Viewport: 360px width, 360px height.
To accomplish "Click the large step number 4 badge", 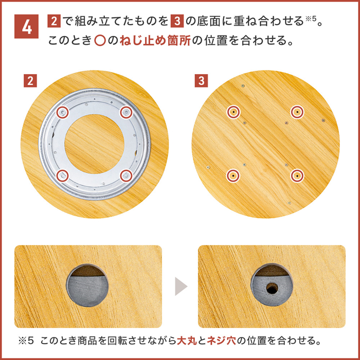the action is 26,26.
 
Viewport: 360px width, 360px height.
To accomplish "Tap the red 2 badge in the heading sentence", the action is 54,21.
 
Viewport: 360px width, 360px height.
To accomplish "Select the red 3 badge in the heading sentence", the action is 177,21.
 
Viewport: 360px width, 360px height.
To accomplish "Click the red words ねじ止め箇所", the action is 155,41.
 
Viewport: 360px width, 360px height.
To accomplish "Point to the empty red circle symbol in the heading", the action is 100,41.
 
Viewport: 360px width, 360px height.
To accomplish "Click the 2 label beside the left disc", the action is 30,81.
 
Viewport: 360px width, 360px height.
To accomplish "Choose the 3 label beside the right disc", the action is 202,81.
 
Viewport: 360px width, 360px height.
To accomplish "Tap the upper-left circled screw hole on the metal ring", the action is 63,112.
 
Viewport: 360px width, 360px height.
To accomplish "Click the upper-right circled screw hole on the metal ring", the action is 127,112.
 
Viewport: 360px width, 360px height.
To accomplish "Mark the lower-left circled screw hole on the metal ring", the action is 63,176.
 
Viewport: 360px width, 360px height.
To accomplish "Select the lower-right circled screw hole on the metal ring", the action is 127,176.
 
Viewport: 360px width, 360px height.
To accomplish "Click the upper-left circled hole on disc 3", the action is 233,112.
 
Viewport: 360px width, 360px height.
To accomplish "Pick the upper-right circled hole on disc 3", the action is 297,112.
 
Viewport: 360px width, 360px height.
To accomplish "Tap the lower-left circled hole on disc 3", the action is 233,176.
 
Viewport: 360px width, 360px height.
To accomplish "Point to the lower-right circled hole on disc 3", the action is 297,176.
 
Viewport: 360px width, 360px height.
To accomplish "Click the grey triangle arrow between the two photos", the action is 181,286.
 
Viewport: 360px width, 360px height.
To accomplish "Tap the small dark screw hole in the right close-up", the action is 272,288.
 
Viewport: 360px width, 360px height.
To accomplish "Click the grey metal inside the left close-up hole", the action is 87,291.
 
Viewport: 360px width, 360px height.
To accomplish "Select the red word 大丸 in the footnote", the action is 187,341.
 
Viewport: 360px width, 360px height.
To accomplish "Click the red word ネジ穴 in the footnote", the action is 221,341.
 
